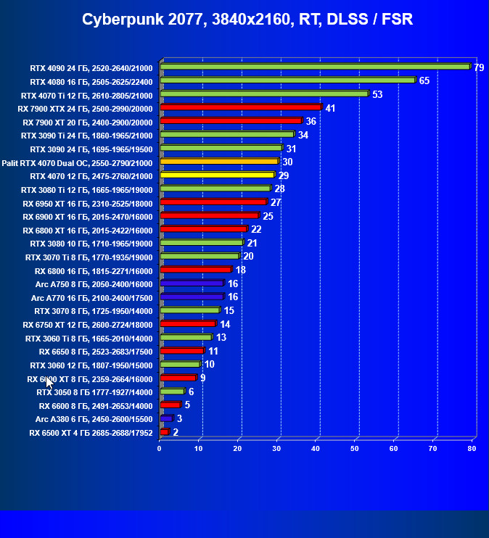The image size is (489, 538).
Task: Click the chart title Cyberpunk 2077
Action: (x=247, y=20)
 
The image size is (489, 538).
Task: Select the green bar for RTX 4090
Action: (x=315, y=67)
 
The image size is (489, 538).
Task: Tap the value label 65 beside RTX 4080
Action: (x=424, y=80)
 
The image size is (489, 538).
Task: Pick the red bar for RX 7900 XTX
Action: (x=240, y=107)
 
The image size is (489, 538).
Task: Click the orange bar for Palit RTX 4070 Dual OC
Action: (x=219, y=161)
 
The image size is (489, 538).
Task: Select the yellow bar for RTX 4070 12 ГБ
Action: (x=217, y=175)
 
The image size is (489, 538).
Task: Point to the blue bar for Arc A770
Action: (x=192, y=297)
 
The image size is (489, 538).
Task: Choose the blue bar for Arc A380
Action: (x=166, y=418)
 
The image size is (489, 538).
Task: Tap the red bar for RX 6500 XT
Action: (x=164, y=432)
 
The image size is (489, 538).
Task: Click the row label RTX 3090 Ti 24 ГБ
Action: (x=87, y=135)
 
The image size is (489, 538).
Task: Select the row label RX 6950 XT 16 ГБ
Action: (x=88, y=202)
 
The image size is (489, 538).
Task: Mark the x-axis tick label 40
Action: (x=316, y=449)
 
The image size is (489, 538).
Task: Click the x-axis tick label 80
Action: (x=472, y=449)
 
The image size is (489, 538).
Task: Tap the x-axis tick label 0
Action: (x=160, y=449)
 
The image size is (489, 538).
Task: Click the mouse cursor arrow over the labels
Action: (x=49, y=382)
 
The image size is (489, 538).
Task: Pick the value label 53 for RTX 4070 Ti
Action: (x=377, y=94)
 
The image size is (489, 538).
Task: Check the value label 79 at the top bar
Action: (x=479, y=67)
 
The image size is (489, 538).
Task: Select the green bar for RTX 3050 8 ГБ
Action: (x=173, y=392)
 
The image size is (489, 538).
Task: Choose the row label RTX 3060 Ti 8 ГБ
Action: (x=89, y=338)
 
